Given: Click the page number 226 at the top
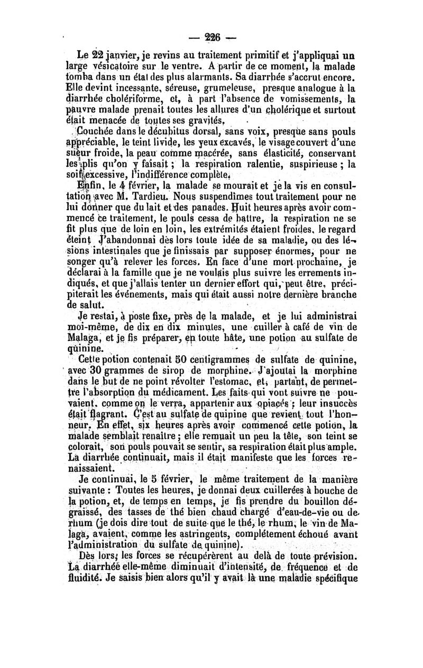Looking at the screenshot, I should click(212, 38).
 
